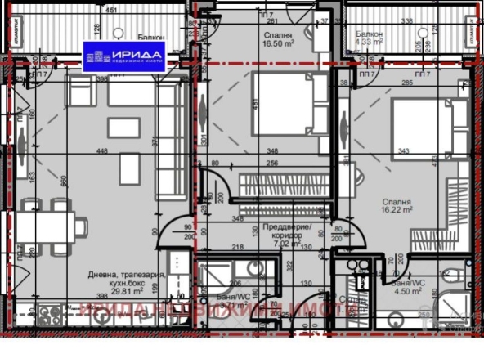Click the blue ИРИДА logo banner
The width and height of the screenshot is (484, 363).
(128, 54)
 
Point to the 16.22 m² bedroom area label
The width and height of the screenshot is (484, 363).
(396, 209)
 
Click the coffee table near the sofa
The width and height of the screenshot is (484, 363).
(129, 168)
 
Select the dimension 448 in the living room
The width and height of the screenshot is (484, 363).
(101, 150)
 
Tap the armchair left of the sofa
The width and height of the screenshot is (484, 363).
(80, 93)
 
